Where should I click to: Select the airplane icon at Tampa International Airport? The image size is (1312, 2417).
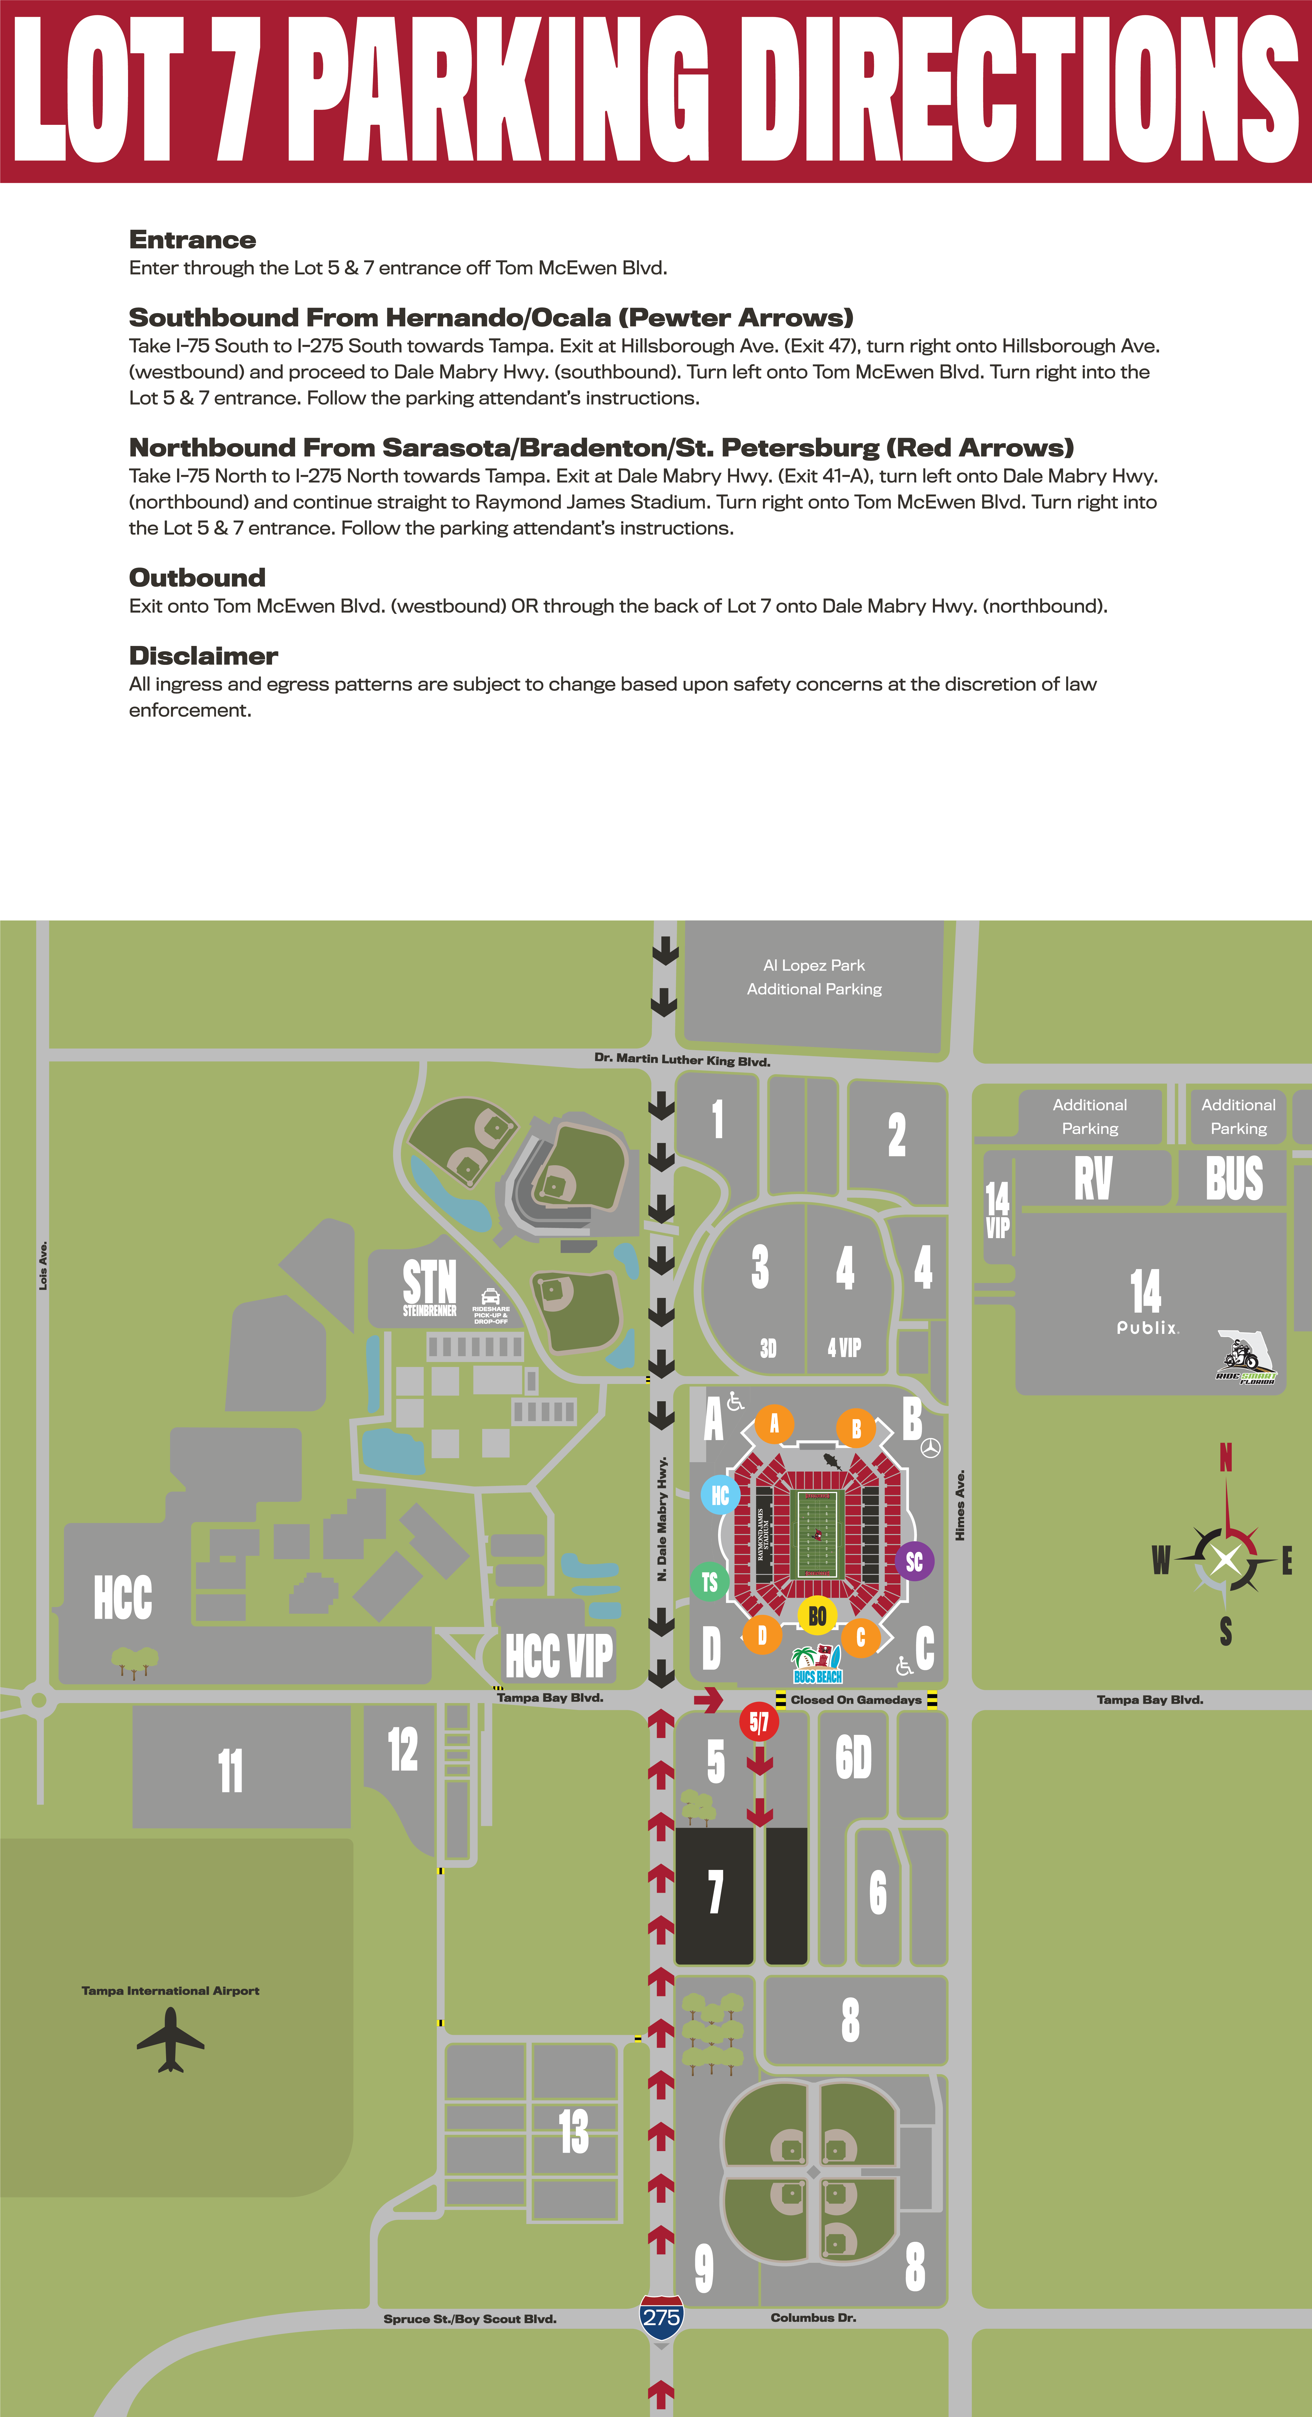click(171, 2039)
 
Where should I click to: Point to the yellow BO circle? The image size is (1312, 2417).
click(817, 1615)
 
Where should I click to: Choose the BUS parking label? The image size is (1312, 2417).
click(1234, 1179)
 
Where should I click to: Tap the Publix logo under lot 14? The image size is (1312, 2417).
click(1147, 1328)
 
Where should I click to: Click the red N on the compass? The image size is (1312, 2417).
click(1226, 1457)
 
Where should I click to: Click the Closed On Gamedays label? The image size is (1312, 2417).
click(856, 1699)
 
